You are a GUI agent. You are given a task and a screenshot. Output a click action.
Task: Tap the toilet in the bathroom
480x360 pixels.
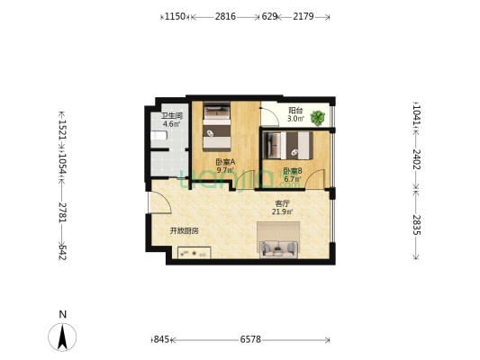[158, 136]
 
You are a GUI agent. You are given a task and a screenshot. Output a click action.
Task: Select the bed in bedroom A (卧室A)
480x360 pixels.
[217, 125]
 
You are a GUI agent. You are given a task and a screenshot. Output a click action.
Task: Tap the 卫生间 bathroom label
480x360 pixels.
[172, 116]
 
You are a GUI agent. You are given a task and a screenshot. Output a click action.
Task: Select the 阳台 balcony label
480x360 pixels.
[294, 112]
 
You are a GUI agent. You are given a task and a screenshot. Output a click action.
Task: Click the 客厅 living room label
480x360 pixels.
[282, 203]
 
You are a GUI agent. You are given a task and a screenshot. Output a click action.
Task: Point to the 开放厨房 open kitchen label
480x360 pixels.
[185, 231]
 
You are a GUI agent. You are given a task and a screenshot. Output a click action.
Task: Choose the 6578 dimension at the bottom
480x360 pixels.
[251, 339]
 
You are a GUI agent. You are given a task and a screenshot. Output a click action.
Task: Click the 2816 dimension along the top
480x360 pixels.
[225, 16]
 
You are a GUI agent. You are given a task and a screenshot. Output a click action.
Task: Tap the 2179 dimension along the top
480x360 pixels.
[303, 16]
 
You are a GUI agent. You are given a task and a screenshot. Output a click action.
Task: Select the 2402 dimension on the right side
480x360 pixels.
[416, 160]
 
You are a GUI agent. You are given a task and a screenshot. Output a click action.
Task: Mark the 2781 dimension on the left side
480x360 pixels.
[62, 211]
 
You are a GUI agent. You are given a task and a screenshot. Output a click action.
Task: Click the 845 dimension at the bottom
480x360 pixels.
[161, 339]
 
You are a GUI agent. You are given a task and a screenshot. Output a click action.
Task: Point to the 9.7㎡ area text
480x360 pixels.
[224, 170]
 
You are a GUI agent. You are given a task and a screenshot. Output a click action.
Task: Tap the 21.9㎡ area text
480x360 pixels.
[282, 212]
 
